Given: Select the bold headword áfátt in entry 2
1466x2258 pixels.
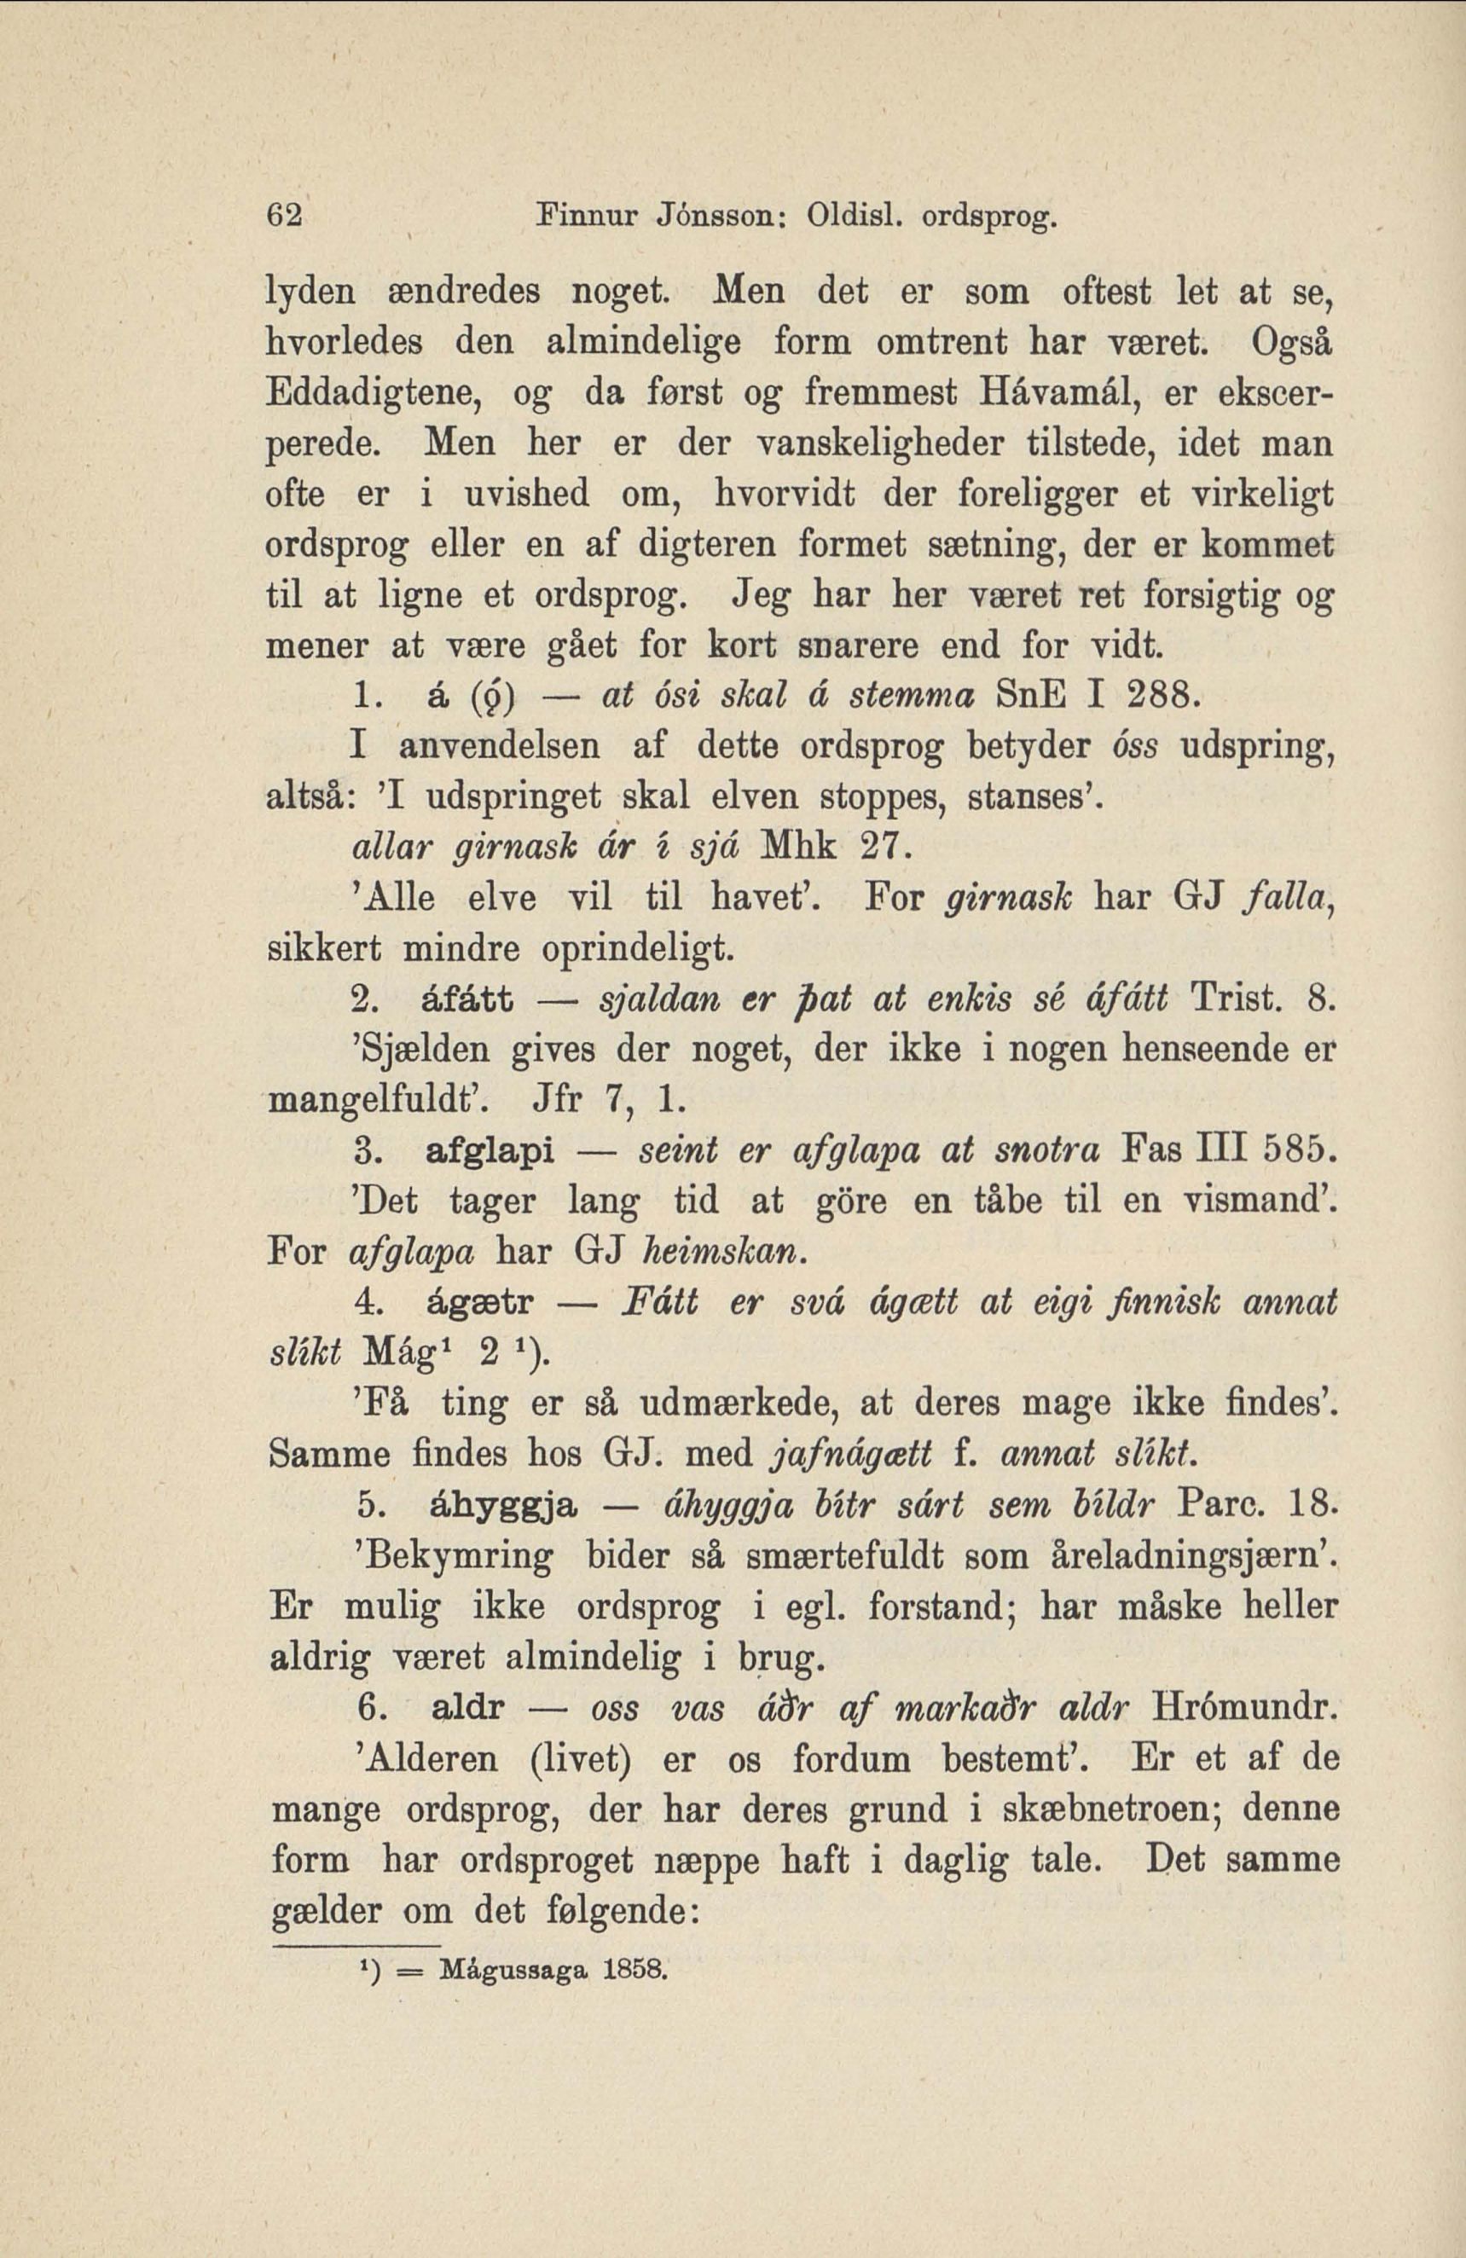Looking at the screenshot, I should [466, 1000].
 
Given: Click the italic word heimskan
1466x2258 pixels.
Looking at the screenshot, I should [727, 1253].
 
